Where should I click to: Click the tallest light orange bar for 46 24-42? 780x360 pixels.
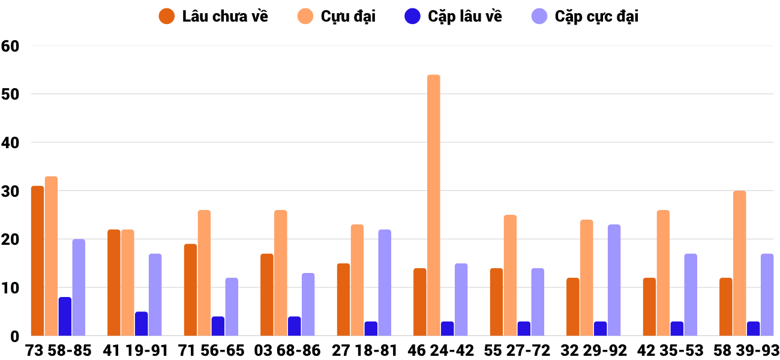tap(434, 205)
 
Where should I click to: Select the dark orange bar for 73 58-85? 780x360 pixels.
tap(38, 261)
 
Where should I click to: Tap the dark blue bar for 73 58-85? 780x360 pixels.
tap(65, 317)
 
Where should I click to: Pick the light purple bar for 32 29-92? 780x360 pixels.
tap(614, 280)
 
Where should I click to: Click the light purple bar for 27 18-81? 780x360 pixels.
tap(385, 283)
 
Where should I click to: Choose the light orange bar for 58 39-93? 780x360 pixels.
tap(739, 263)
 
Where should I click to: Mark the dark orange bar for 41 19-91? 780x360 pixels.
tap(114, 283)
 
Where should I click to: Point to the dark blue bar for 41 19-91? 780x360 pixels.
tap(142, 324)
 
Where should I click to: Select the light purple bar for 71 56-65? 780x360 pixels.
tap(232, 307)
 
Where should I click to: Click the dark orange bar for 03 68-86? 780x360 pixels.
tap(267, 295)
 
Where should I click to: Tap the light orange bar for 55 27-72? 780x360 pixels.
tap(510, 275)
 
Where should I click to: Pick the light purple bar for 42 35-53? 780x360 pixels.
tap(691, 295)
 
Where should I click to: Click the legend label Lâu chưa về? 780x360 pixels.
tap(225, 16)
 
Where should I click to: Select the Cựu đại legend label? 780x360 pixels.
tap(348, 16)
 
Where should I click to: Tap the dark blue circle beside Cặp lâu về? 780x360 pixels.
tap(412, 16)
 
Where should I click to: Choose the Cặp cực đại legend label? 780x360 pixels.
tap(596, 16)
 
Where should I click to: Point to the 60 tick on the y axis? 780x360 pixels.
tap(11, 46)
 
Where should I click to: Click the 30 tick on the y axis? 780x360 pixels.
tap(11, 191)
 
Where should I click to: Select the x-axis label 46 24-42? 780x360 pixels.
tap(440, 350)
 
